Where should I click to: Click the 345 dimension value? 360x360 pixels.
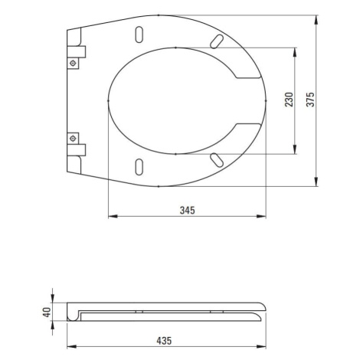(x=187, y=211)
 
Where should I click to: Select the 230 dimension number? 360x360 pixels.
(x=290, y=100)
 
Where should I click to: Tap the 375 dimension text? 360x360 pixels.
(x=311, y=100)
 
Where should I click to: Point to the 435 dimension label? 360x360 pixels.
(x=164, y=341)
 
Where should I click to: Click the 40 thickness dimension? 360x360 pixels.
(x=47, y=312)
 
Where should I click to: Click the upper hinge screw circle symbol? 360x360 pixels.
(x=73, y=63)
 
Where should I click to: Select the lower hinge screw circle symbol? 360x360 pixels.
(x=73, y=139)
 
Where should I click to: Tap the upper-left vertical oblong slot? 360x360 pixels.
(x=139, y=34)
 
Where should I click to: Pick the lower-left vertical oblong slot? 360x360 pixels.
(x=139, y=167)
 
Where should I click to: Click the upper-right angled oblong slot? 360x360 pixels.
(x=217, y=41)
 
